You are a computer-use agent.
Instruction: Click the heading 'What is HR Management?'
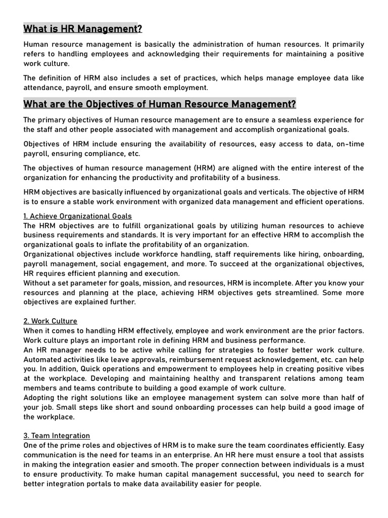click(x=83, y=29)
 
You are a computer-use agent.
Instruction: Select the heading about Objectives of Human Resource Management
click(x=160, y=104)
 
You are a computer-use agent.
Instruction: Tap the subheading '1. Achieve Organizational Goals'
click(x=77, y=216)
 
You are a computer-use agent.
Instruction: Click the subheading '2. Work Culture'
click(x=51, y=321)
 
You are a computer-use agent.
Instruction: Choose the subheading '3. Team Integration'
click(x=57, y=436)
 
